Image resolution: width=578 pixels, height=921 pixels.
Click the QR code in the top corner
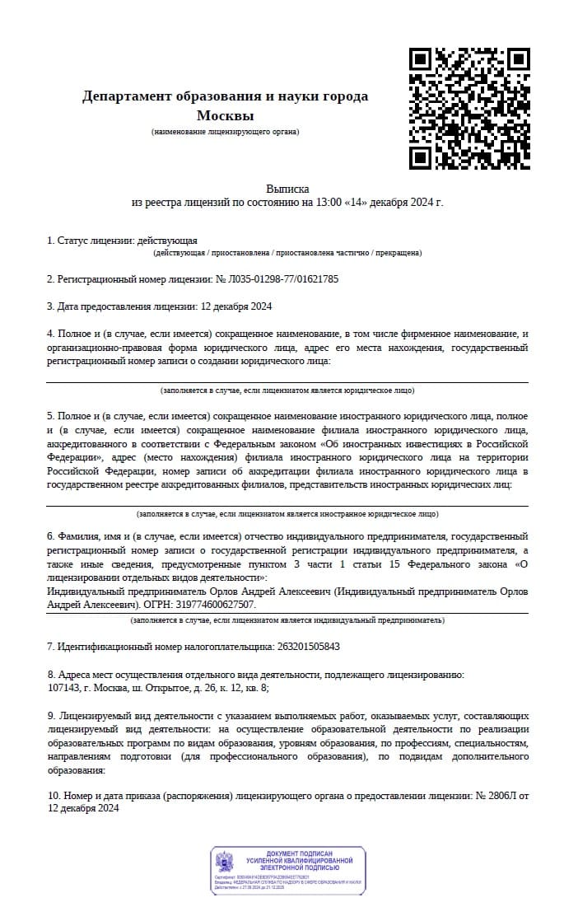tap(470, 108)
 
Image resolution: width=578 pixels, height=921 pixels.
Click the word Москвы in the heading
tap(225, 115)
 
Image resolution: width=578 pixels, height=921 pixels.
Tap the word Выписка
tap(287, 189)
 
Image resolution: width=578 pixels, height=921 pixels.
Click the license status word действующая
tap(168, 241)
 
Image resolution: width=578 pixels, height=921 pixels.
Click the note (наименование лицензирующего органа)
tap(225, 132)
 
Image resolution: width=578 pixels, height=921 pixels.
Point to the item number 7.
tap(50, 647)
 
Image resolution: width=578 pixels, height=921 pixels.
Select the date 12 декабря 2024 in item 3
tap(236, 306)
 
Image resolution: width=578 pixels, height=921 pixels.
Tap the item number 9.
tap(50, 717)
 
